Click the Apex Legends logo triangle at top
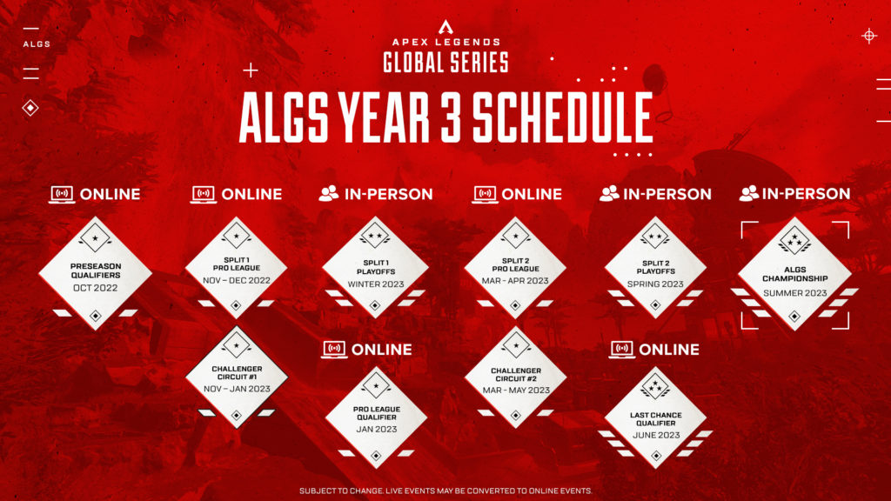445,27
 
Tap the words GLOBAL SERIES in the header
445,62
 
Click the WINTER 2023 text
375,284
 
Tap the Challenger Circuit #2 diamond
515,378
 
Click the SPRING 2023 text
655,284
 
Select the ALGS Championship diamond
794,274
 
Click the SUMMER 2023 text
794,293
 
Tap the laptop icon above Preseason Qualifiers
61,194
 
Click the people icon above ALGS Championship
748,194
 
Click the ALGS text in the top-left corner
37,43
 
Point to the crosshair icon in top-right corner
868,36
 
